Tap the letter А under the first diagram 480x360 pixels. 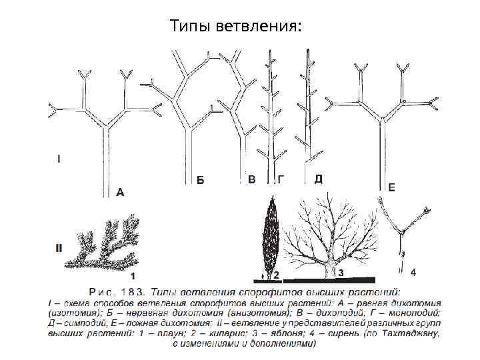point(120,192)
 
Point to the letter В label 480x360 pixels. point(251,179)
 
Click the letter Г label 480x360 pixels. point(282,179)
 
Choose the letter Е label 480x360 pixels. point(391,188)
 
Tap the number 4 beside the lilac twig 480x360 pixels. point(414,272)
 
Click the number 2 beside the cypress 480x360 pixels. point(277,274)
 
